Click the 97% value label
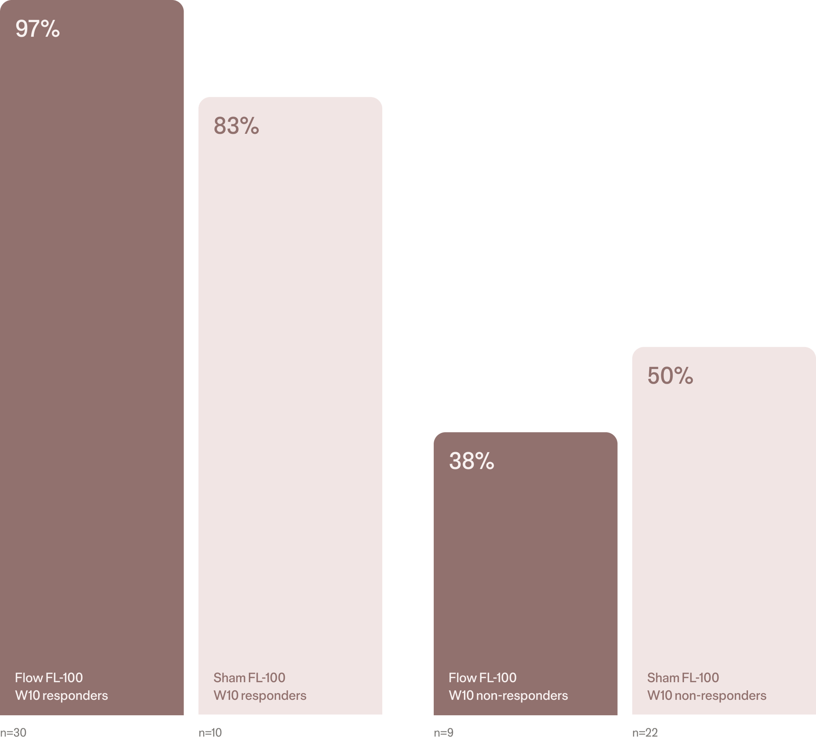[x=38, y=29]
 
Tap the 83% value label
[x=236, y=126]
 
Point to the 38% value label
[x=472, y=461]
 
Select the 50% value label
[x=670, y=376]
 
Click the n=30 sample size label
[x=13, y=732]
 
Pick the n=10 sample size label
[x=210, y=732]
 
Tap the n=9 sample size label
[x=443, y=732]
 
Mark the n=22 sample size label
[x=645, y=732]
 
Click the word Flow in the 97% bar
[x=29, y=678]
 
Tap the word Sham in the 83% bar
[x=229, y=678]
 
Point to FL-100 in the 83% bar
[x=267, y=678]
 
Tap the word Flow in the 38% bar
[x=462, y=678]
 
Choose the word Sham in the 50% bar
[x=663, y=678]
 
